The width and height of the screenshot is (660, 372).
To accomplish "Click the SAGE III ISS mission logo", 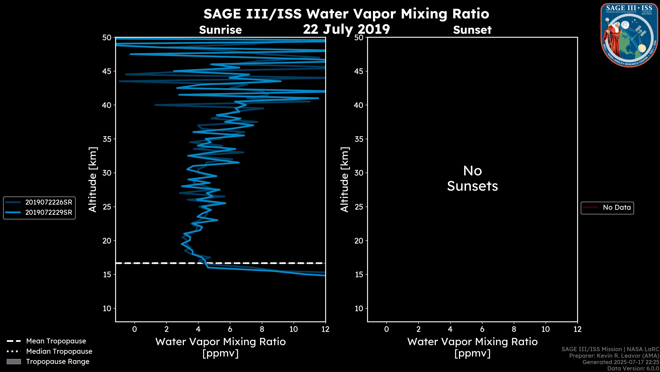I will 630,35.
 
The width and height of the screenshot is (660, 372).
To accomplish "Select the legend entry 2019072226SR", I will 48,202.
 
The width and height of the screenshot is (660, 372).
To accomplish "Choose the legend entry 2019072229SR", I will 48,213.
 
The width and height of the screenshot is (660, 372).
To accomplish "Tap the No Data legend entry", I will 617,207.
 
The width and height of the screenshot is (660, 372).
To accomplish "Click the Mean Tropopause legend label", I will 56,341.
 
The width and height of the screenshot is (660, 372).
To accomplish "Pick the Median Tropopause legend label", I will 59,352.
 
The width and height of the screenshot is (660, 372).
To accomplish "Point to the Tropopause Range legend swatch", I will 14,362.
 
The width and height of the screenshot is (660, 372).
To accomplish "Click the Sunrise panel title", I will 220,30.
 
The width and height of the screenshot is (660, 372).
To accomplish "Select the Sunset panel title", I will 472,30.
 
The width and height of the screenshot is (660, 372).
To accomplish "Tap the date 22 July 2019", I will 346,29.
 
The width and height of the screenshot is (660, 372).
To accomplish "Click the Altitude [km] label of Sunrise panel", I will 92,179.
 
